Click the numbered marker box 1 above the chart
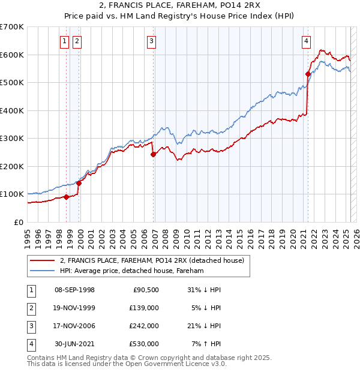pyautogui.click(x=64, y=41)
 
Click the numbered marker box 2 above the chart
pyautogui.click(x=77, y=41)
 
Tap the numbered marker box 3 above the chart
pyautogui.click(x=151, y=41)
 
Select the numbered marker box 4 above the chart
pyautogui.click(x=306, y=41)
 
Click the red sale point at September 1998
pyautogui.click(x=66, y=197)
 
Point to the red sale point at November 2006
pyautogui.click(x=153, y=154)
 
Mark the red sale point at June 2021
pyautogui.click(x=308, y=74)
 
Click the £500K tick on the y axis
pyautogui.click(x=13, y=82)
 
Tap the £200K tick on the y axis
pyautogui.click(x=13, y=166)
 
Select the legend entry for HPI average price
pyautogui.click(x=131, y=271)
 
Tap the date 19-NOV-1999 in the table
pyautogui.click(x=74, y=308)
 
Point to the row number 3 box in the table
pyautogui.click(x=31, y=326)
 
